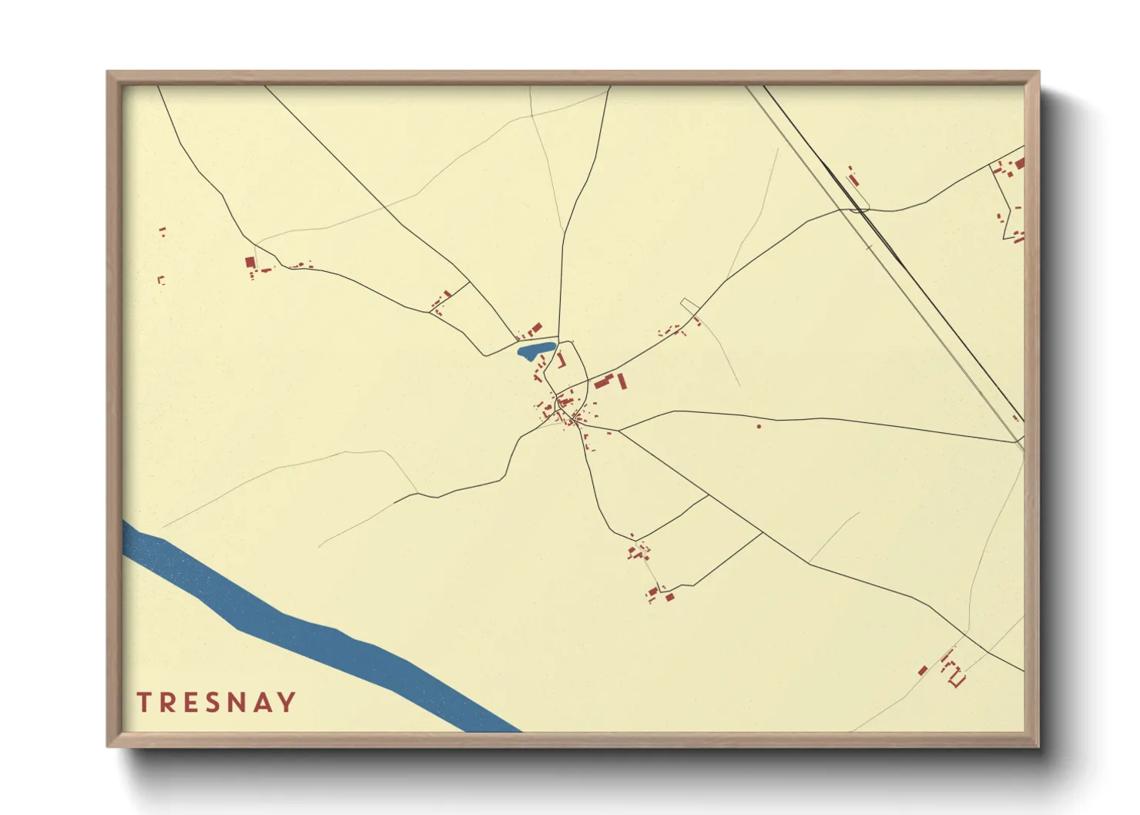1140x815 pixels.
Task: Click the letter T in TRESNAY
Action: (143, 702)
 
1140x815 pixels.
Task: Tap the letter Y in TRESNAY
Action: (287, 702)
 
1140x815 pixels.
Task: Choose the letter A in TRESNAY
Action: (263, 702)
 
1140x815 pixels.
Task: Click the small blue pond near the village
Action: (535, 351)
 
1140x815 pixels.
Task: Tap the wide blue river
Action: (308, 632)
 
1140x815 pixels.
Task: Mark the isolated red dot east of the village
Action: (759, 425)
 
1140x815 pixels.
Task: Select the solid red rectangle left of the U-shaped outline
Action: (923, 670)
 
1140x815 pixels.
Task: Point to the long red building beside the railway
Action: (853, 180)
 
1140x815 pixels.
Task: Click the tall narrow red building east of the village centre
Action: (622, 381)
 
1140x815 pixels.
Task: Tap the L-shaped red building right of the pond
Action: (562, 360)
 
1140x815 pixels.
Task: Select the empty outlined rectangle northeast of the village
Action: (690, 306)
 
